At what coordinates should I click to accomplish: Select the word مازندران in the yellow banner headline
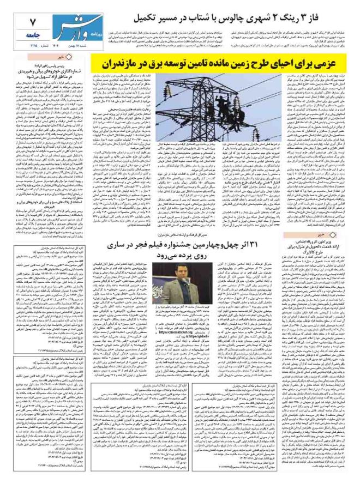(123, 61)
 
